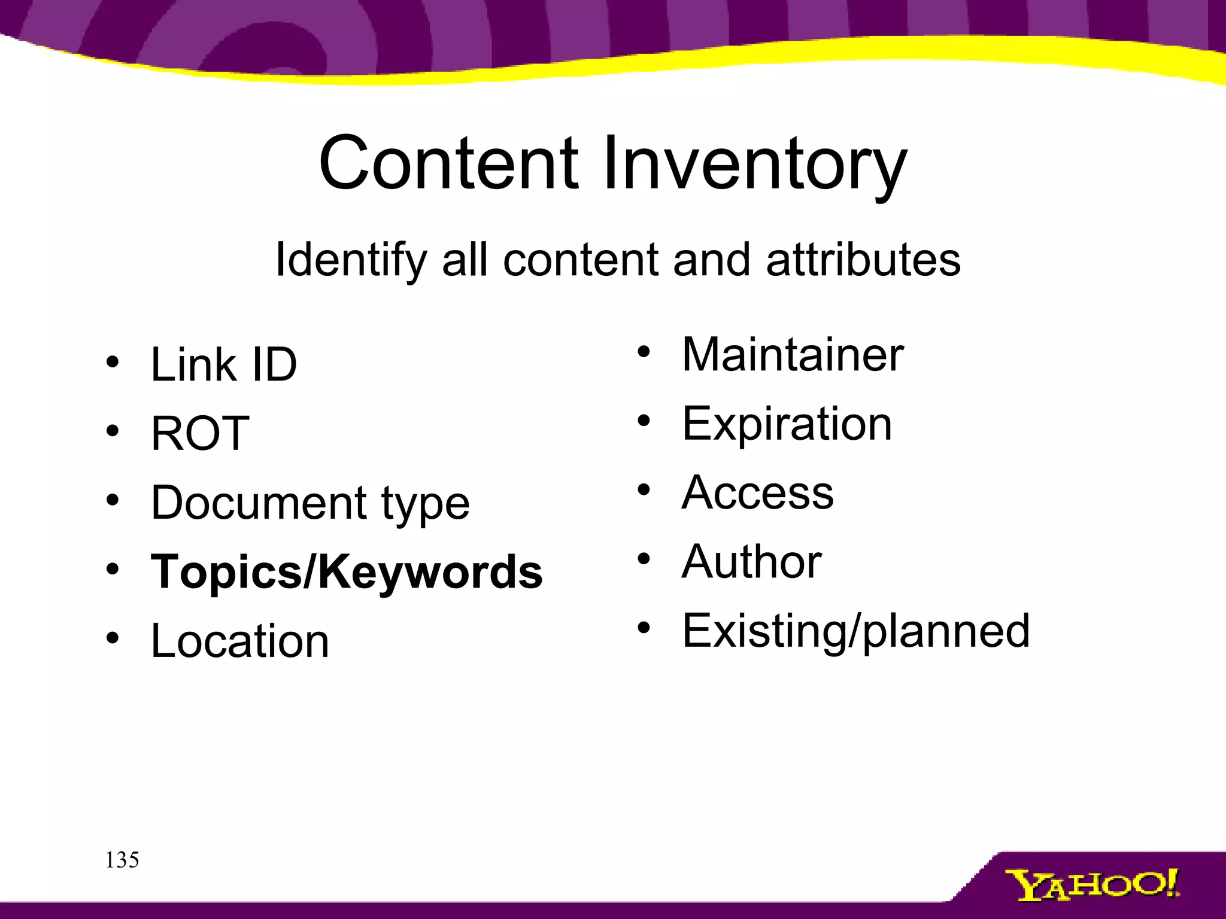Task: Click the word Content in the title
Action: click(448, 163)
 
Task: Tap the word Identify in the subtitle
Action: click(351, 261)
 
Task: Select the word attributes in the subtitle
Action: click(863, 260)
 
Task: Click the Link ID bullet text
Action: click(224, 364)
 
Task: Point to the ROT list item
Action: click(200, 433)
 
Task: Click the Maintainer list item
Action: click(793, 355)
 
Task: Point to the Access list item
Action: click(758, 492)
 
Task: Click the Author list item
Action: click(752, 562)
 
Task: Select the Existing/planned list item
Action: click(856, 632)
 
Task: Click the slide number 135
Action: click(122, 860)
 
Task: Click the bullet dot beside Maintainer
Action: click(644, 352)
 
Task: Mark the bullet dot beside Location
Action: click(113, 638)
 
